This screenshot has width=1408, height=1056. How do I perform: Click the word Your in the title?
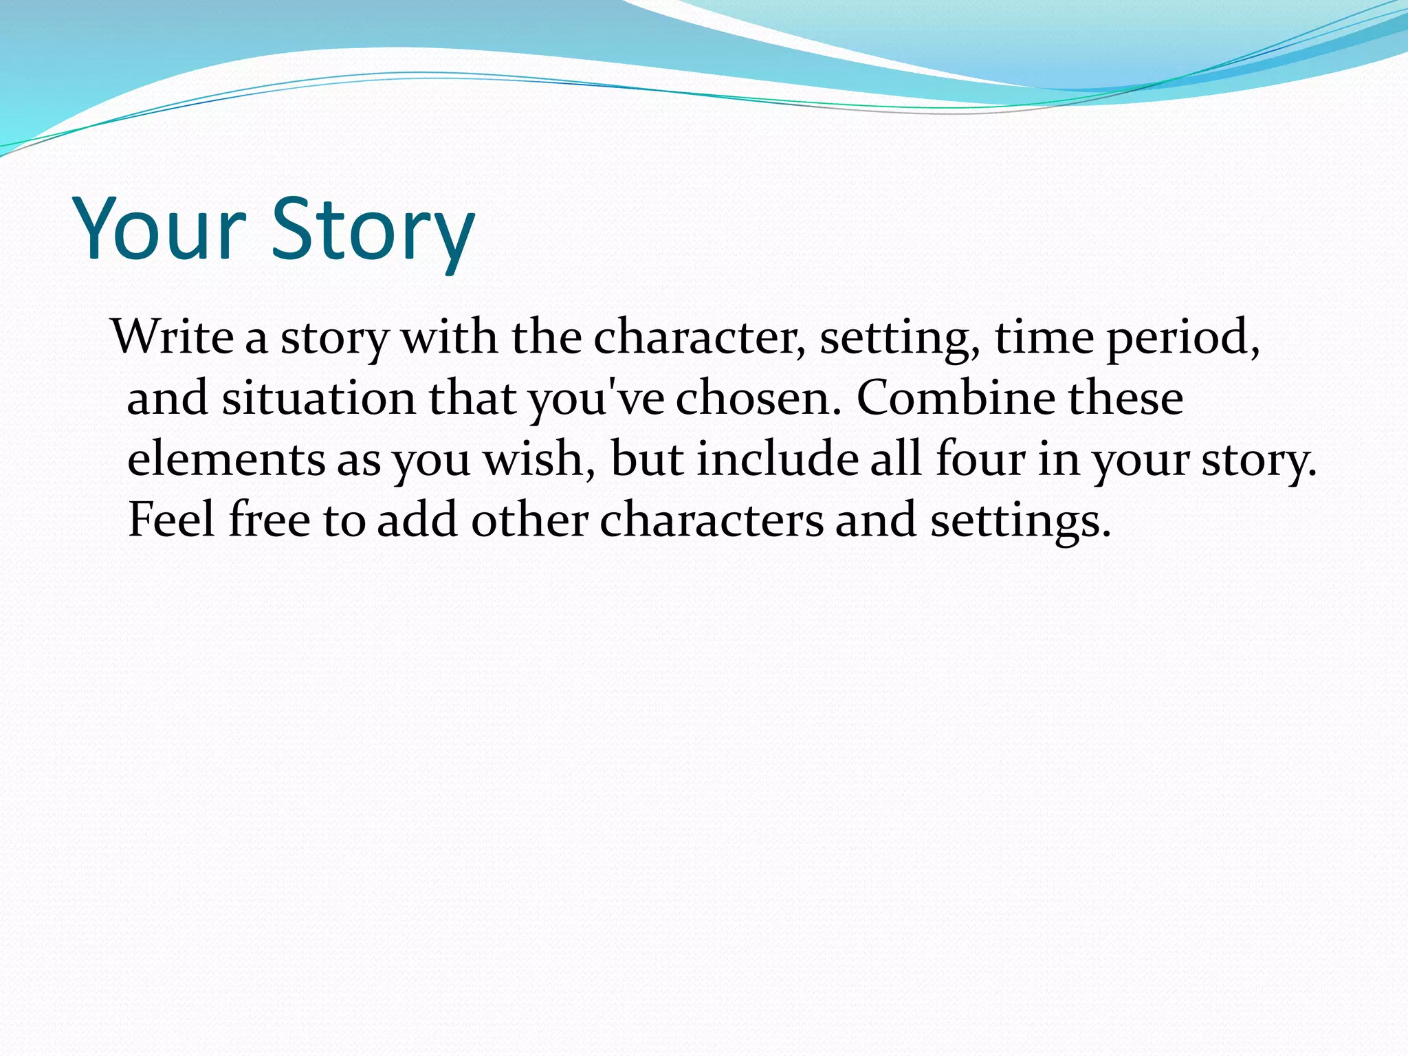159,228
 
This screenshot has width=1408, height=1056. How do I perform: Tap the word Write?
173,337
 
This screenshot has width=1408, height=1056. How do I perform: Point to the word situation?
318,399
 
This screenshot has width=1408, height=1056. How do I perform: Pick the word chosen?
758,399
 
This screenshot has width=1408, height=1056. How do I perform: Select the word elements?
226,459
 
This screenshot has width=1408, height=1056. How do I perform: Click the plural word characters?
711,520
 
